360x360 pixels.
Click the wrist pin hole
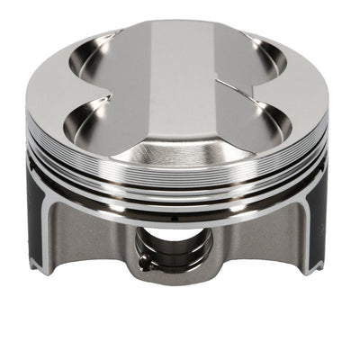[x=176, y=246]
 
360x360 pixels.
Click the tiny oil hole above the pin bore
[x=177, y=219]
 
